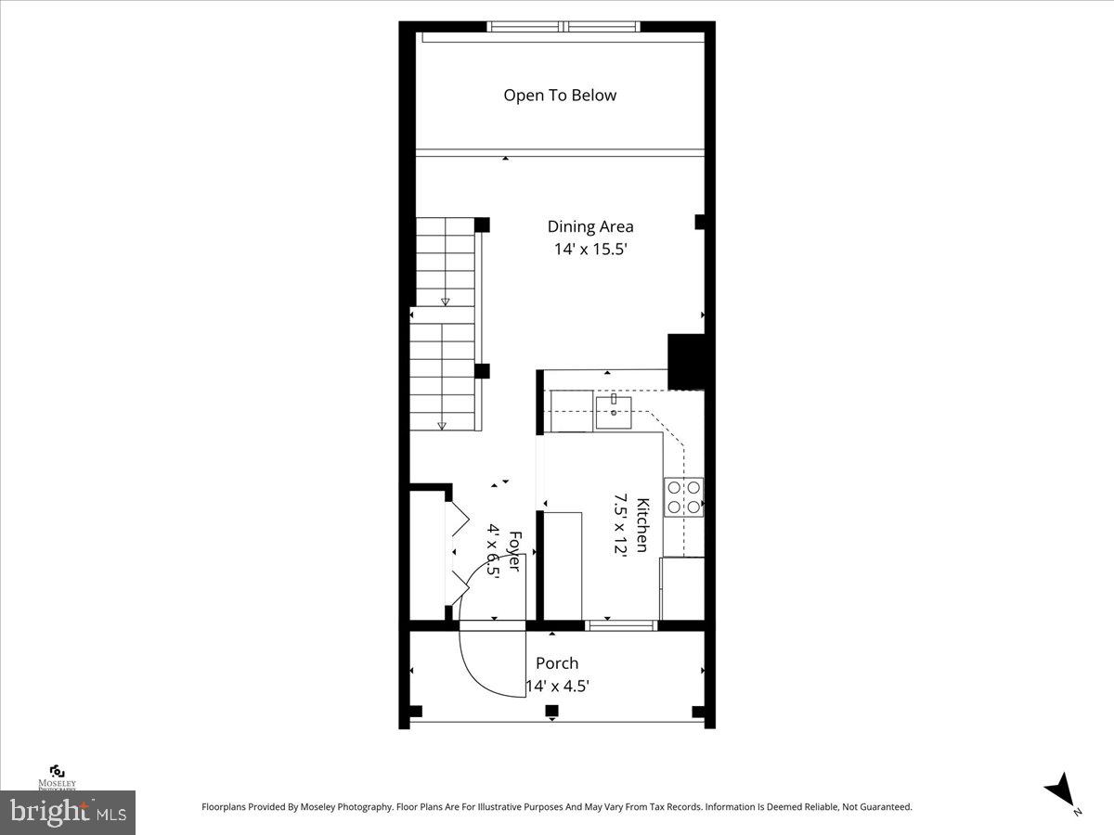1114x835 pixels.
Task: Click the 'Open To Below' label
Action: [x=560, y=96]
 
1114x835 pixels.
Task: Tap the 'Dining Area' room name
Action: [x=590, y=226]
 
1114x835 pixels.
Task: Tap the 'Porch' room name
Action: [x=557, y=663]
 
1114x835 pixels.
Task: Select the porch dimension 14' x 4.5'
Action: [x=558, y=687]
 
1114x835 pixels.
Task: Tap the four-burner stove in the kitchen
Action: [x=683, y=497]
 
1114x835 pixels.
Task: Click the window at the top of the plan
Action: [x=564, y=27]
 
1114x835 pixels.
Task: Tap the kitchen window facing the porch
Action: [x=622, y=625]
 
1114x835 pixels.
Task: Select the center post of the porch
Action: [x=551, y=712]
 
